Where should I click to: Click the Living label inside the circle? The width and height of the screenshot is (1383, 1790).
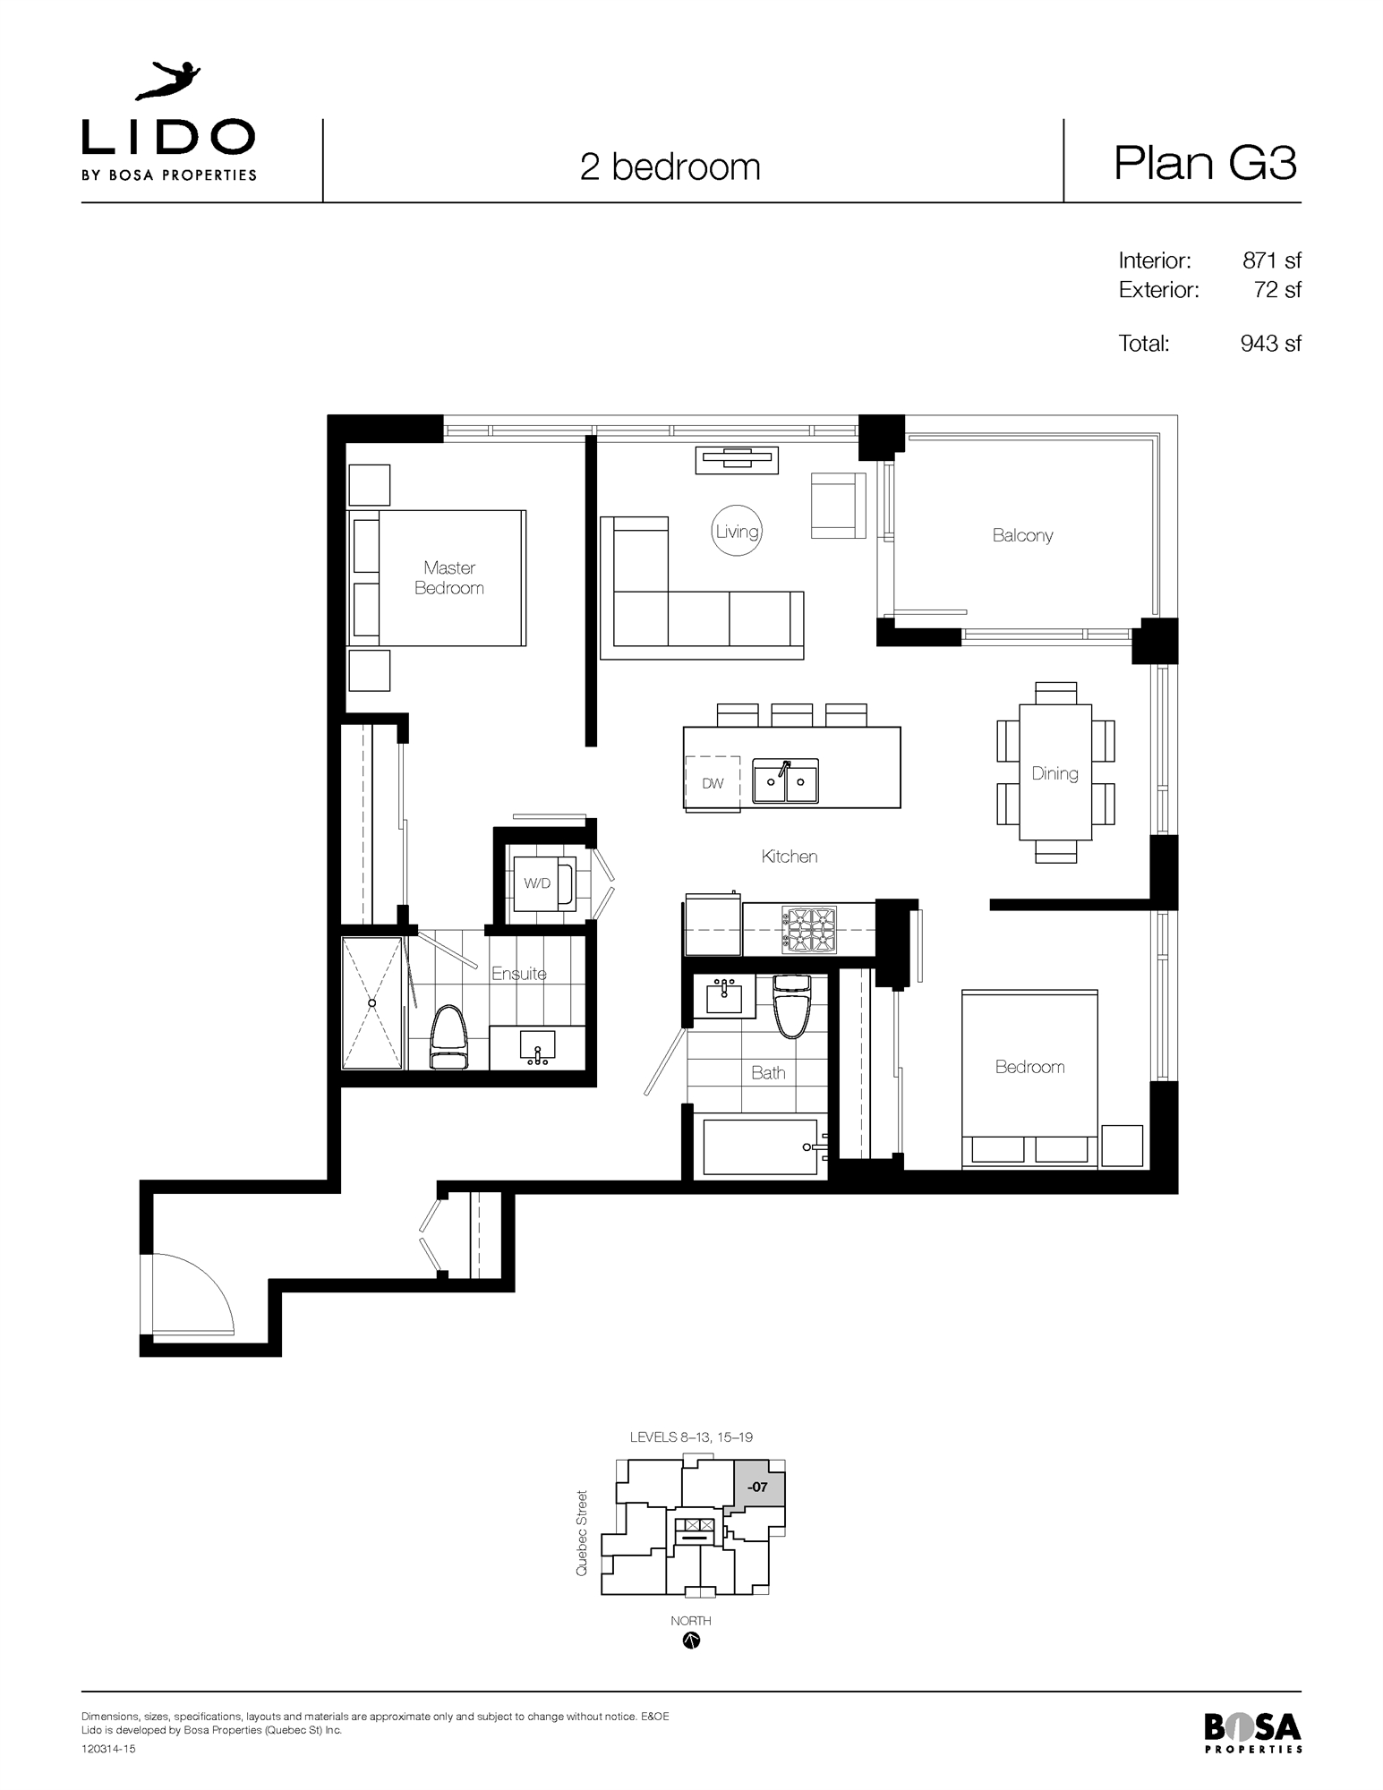click(x=737, y=532)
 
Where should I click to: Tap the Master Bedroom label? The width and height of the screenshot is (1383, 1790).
click(x=448, y=577)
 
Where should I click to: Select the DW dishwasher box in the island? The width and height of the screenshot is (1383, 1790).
click(x=713, y=783)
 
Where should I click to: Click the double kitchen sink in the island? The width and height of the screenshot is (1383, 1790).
click(x=785, y=782)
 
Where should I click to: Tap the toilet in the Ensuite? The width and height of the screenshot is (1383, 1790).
click(x=449, y=1038)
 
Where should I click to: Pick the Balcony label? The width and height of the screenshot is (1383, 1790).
click(x=1022, y=535)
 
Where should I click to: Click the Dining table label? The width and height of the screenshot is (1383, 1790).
click(x=1054, y=773)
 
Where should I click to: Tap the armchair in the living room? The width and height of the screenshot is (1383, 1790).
click(x=838, y=506)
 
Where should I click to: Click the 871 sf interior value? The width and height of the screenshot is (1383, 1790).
click(x=1271, y=260)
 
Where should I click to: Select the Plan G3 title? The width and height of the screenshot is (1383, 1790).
click(x=1205, y=163)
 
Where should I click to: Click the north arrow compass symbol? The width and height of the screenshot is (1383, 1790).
click(x=691, y=1641)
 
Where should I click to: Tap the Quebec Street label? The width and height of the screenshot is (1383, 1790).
click(x=582, y=1533)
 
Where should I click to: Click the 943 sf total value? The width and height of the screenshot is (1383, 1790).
click(x=1270, y=344)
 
